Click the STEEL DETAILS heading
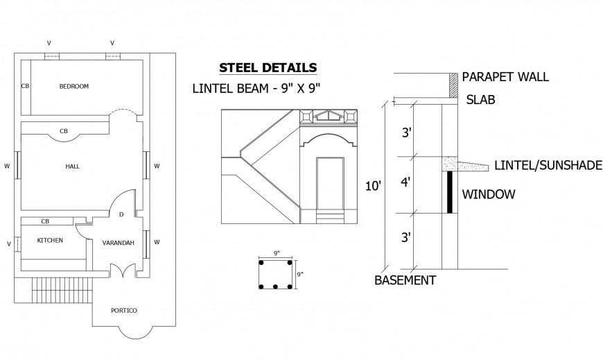[x=268, y=68]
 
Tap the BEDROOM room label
[x=73, y=87]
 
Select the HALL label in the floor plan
[x=72, y=166]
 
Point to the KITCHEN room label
[x=50, y=240]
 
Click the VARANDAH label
[x=118, y=243]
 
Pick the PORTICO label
[x=124, y=310]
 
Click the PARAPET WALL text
[x=505, y=77]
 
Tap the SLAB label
[x=480, y=100]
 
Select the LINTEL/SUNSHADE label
[x=548, y=165]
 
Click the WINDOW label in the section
[x=488, y=194]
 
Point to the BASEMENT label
[x=405, y=281]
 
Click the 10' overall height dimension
[x=373, y=186]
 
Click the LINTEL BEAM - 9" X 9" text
[x=259, y=88]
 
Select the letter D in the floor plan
[x=121, y=214]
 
